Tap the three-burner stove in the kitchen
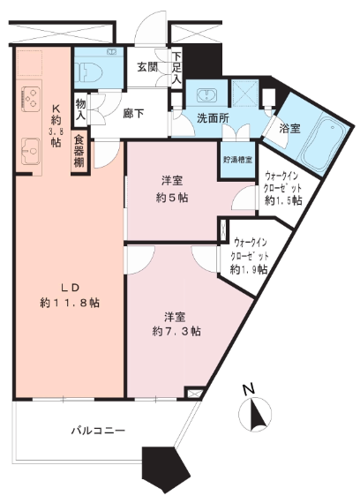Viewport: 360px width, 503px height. tap(31, 99)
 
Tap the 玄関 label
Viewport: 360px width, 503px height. tap(147, 67)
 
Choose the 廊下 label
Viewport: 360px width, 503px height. tap(133, 113)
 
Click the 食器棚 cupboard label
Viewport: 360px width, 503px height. tap(79, 152)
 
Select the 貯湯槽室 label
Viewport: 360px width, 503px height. tap(237, 160)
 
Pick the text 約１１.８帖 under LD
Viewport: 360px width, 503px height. tap(70, 303)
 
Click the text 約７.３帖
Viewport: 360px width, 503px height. tap(176, 331)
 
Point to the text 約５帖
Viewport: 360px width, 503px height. tap(172, 198)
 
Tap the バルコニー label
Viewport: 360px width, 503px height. tap(98, 430)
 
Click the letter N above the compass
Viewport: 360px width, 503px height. tap(249, 389)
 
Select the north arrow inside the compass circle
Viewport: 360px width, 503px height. tap(258, 414)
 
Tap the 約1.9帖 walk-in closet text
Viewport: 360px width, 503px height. tap(248, 269)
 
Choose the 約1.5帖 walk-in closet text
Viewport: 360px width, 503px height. tap(283, 200)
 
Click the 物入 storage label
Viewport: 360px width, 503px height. tap(80, 109)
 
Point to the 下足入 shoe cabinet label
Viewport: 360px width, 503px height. tap(176, 68)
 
